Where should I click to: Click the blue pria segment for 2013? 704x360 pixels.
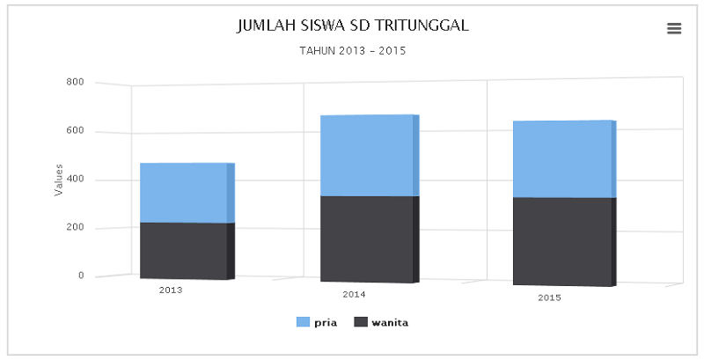tap(183, 193)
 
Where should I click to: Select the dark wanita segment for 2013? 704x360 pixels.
tap(183, 251)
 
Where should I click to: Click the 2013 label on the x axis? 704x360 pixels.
tap(171, 290)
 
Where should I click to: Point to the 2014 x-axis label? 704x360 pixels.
tap(355, 294)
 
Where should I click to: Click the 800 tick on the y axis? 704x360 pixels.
tap(75, 83)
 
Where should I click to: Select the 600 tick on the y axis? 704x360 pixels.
tap(75, 131)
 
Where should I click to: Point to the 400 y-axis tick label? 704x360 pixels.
tap(75, 180)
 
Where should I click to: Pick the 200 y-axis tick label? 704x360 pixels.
tap(75, 228)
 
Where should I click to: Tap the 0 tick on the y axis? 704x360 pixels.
tap(80, 276)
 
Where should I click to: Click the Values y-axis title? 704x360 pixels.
tap(59, 180)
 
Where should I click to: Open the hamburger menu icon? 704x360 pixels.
tap(674, 28)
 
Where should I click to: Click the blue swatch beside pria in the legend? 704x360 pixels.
tap(303, 322)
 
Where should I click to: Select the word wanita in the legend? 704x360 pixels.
tap(390, 322)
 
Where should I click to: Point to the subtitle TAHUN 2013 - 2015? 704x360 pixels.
tap(352, 51)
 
